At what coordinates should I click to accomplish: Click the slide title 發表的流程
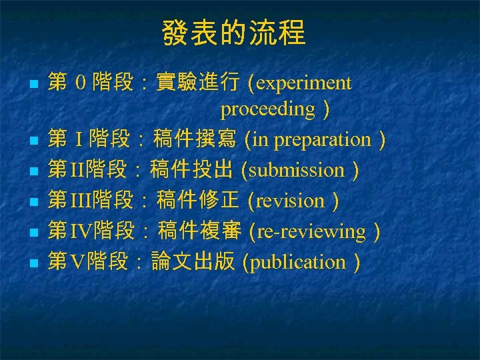(x=233, y=33)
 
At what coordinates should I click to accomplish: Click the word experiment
(x=304, y=83)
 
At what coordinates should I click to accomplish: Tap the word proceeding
(x=268, y=109)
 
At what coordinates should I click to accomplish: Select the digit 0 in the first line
(x=80, y=84)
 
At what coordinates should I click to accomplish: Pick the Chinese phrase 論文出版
(x=193, y=262)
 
